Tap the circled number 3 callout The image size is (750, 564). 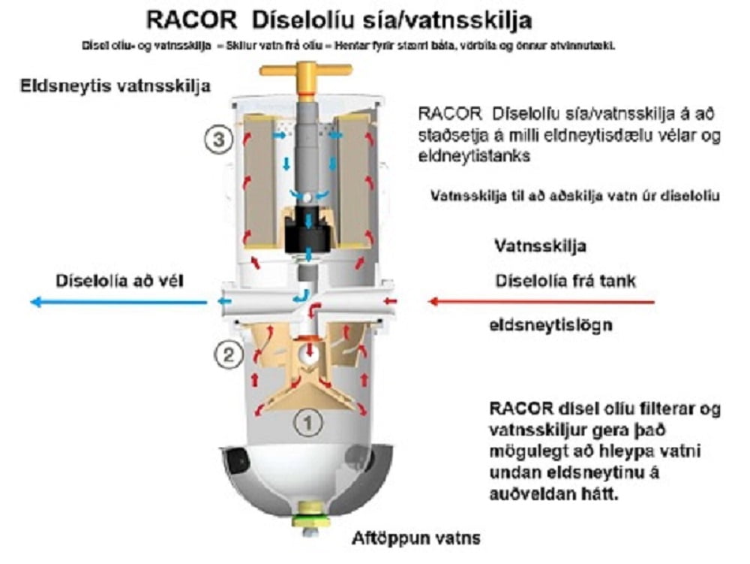coord(217,139)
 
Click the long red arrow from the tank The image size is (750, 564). coord(541,302)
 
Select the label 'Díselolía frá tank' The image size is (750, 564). coord(565,281)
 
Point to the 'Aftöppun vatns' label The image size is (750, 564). coord(416,538)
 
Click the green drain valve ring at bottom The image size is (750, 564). coord(307,517)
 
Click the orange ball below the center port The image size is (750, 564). coord(307,350)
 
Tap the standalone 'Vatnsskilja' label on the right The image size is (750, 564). coord(540,246)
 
